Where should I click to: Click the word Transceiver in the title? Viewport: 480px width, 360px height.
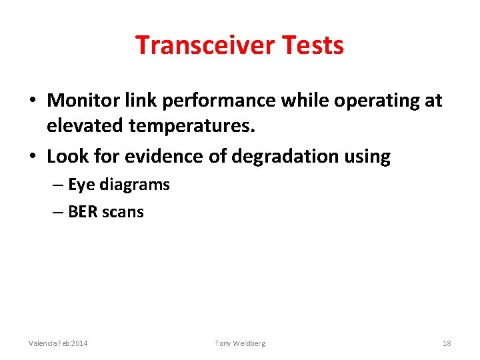pos(205,45)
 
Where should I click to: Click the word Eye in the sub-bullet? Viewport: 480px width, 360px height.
pos(82,185)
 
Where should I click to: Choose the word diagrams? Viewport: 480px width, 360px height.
pos(135,185)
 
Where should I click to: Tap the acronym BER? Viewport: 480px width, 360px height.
pos(83,212)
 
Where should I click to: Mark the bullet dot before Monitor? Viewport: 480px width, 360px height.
pos(33,101)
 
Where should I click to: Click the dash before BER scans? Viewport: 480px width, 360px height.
pos(57,212)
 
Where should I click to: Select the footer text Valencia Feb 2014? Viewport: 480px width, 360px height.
pos(58,343)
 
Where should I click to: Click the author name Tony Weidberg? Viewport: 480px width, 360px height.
pos(240,343)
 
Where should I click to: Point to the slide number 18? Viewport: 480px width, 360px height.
pos(447,343)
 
